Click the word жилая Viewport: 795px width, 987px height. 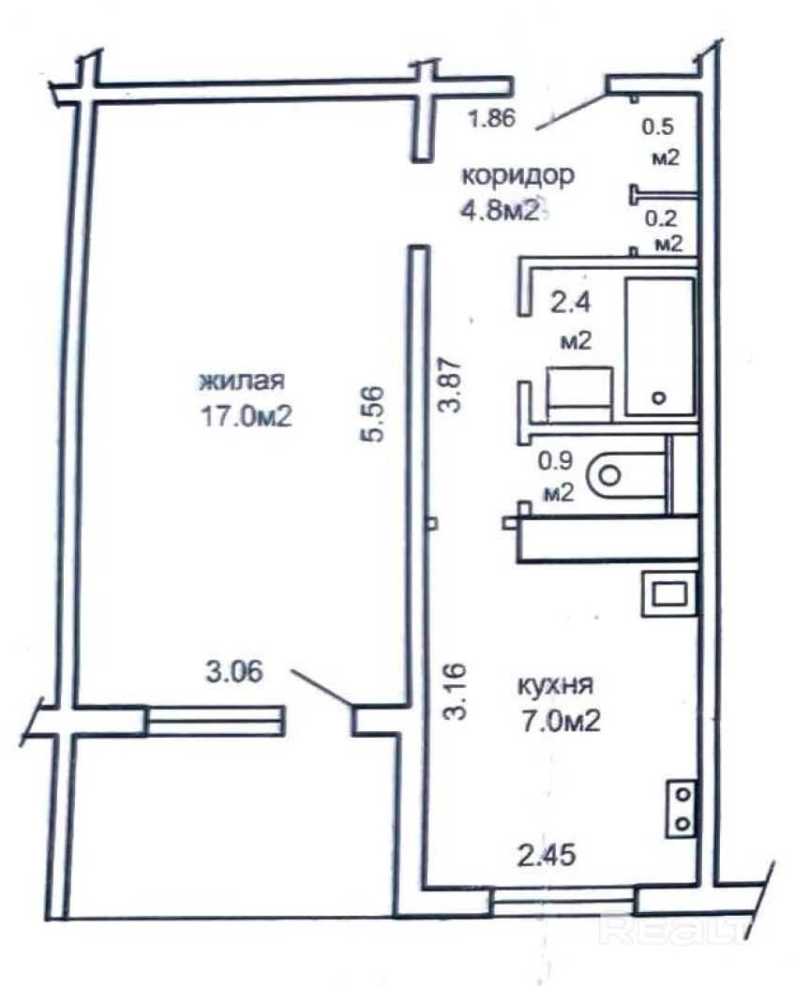coord(242,381)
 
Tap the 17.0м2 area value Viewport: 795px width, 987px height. coord(247,416)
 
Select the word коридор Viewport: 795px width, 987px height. coord(518,176)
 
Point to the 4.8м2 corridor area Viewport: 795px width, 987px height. coord(501,211)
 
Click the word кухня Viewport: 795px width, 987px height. coord(555,685)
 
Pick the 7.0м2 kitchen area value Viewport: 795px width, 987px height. coord(560,721)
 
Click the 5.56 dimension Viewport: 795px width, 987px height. coord(372,413)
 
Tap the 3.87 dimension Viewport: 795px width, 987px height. coord(451,384)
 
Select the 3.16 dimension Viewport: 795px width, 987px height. coord(454,691)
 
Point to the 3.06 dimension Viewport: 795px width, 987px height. coord(234,672)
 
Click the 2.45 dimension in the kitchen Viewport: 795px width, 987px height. coord(547,856)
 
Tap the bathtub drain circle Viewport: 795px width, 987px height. coord(659,397)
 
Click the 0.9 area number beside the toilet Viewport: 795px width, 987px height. coord(555,461)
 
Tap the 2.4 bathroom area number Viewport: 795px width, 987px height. coord(570,304)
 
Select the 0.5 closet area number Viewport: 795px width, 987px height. coord(658,127)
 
